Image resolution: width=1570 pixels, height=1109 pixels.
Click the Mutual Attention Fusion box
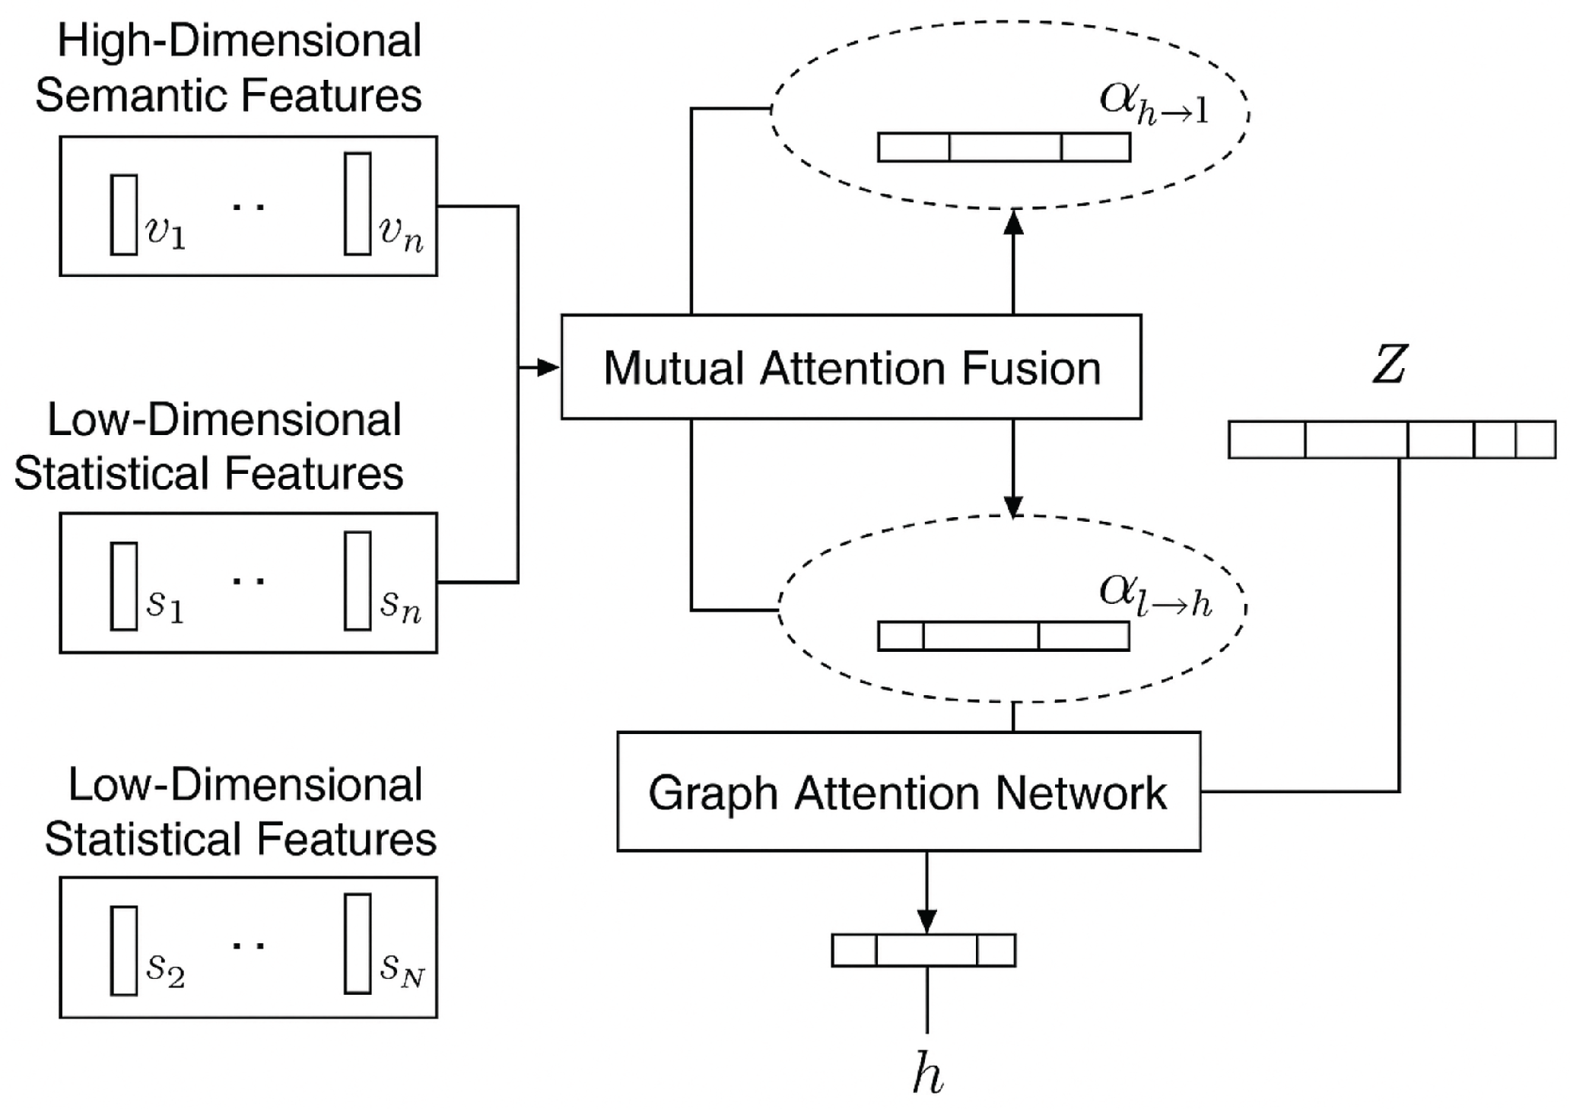click(850, 367)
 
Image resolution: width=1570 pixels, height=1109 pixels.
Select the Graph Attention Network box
click(908, 792)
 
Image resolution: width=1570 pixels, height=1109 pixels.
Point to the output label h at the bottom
click(927, 1075)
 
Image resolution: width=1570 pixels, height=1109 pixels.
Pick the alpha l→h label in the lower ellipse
click(1155, 596)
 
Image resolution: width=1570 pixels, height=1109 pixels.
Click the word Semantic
click(132, 96)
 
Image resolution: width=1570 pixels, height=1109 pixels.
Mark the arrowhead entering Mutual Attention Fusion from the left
click(548, 367)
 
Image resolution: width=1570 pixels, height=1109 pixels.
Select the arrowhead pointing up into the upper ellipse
click(1013, 222)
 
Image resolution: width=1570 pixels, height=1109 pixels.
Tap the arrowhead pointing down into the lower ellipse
click(1013, 506)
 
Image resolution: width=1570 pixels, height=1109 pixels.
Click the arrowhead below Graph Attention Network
click(926, 921)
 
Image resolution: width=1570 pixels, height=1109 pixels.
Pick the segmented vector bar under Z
click(1391, 440)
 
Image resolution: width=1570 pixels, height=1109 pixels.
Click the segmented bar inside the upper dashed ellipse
click(1004, 147)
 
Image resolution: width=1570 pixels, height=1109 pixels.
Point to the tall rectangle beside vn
click(358, 204)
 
